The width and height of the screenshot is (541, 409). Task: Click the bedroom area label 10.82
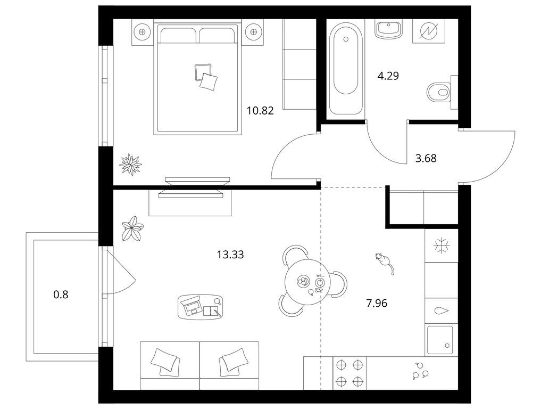click(260, 111)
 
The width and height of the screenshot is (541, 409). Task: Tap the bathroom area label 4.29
click(388, 76)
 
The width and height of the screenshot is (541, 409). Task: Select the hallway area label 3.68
click(426, 158)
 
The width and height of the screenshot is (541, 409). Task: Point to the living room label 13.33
click(230, 255)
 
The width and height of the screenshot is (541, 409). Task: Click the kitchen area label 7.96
click(377, 304)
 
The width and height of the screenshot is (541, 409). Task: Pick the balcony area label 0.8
click(61, 295)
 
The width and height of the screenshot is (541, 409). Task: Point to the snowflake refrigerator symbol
click(442, 246)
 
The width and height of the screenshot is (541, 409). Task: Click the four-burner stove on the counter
click(349, 373)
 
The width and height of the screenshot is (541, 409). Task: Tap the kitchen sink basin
click(440, 340)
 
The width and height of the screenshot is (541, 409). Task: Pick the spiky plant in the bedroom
click(130, 165)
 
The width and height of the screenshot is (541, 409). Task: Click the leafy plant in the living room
click(132, 228)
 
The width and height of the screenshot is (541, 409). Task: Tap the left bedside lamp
click(142, 32)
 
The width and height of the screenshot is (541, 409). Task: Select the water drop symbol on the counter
click(442, 310)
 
